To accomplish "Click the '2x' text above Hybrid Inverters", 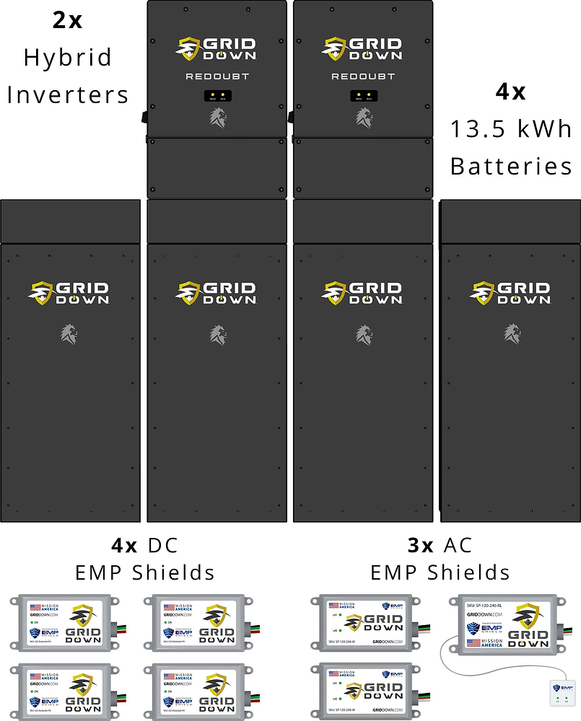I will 67,19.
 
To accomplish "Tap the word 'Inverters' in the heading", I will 68,94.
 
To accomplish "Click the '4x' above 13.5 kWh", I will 510,92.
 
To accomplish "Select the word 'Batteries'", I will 511,167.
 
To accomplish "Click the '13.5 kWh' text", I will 511,130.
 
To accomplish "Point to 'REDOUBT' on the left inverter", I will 217,76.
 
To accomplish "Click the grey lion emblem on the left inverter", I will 218,117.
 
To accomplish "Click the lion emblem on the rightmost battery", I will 512,333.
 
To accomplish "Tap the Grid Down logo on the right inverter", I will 363,48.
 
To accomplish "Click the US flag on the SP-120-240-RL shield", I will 474,642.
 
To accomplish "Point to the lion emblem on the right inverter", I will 364,117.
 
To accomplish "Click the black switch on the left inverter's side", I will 144,115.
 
